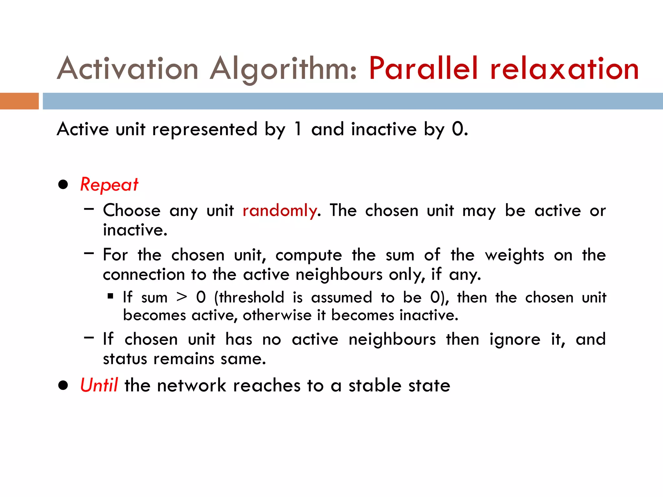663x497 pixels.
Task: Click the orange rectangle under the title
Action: coord(19,101)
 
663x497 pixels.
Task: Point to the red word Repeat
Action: coord(109,185)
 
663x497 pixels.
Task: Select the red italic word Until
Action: coord(99,385)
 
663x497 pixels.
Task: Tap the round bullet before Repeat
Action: coord(63,185)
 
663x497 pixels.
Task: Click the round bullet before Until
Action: coord(63,385)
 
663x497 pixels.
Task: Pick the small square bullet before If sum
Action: coord(111,296)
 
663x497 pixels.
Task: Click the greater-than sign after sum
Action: coord(182,297)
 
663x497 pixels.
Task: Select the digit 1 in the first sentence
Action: coord(298,129)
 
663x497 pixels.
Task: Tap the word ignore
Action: coord(515,340)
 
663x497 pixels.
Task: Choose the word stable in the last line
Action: coord(375,385)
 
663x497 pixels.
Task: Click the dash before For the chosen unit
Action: coord(89,253)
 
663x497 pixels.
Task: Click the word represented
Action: coord(205,129)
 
